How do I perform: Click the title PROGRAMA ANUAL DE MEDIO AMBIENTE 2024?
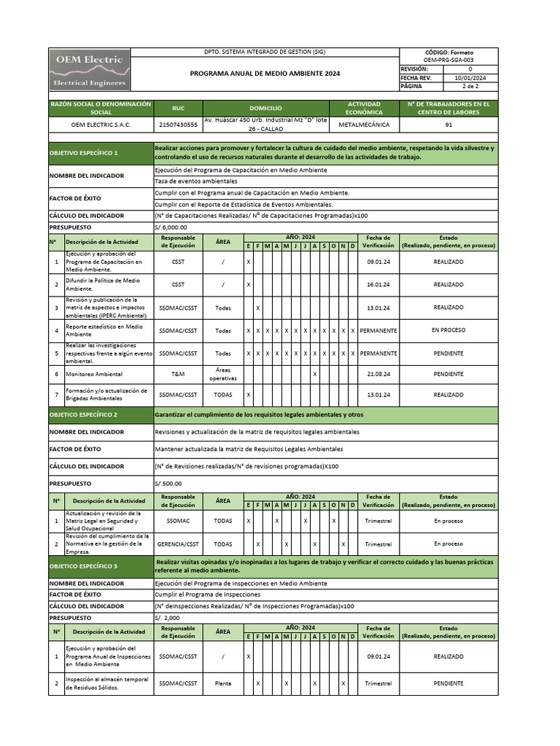pos(265,74)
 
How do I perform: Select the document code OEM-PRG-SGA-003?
pos(448,60)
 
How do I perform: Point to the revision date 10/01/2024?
pos(470,77)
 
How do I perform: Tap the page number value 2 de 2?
pos(470,86)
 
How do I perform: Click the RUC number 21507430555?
pos(178,125)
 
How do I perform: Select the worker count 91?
pos(448,125)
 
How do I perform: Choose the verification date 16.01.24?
pos(378,284)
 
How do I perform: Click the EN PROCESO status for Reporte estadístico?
pos(448,330)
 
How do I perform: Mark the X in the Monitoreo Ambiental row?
pos(315,374)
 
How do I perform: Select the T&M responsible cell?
pos(178,374)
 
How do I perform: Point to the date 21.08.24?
pos(378,374)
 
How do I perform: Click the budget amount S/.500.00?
pos(168,482)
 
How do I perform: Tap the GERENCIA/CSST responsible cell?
pos(178,543)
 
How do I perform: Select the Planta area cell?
pos(223,683)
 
